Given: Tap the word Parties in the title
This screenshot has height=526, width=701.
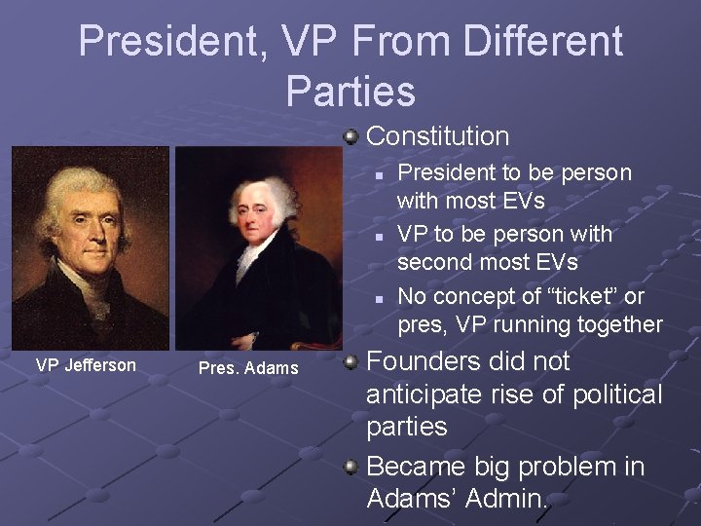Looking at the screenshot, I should [x=350, y=91].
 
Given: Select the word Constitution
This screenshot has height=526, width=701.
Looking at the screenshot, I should [x=437, y=136].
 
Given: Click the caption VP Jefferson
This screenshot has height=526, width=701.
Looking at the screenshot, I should [x=86, y=365].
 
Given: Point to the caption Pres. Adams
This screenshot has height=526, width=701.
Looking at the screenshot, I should [x=248, y=368].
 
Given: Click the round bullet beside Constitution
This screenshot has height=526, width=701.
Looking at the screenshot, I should [x=351, y=136].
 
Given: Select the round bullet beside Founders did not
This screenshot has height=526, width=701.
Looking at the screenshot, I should [x=351, y=362].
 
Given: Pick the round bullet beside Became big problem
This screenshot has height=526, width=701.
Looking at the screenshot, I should [x=351, y=468].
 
